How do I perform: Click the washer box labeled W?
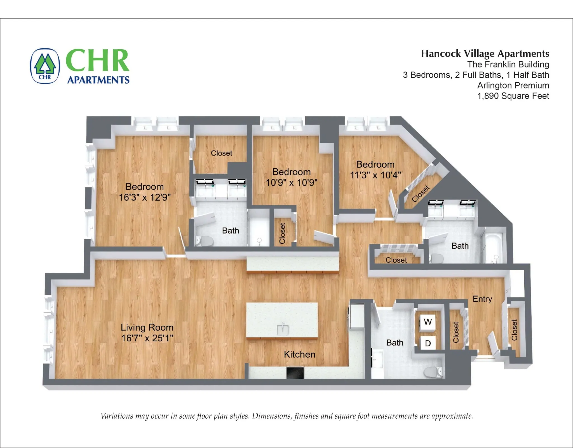[428, 322]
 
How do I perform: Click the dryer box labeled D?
[428, 343]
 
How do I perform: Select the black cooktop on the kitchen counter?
[295, 373]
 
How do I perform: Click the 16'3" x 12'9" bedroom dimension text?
[145, 197]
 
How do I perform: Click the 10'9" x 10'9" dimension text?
[292, 182]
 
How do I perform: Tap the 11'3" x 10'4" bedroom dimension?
[375, 175]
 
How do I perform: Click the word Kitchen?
[299, 354]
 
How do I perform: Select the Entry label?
[482, 299]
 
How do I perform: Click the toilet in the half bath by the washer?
[432, 372]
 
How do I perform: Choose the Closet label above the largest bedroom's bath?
[221, 153]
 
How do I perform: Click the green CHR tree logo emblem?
[45, 66]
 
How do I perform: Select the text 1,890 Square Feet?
[513, 96]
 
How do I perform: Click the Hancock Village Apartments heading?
[485, 53]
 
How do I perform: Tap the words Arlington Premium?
[513, 85]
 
